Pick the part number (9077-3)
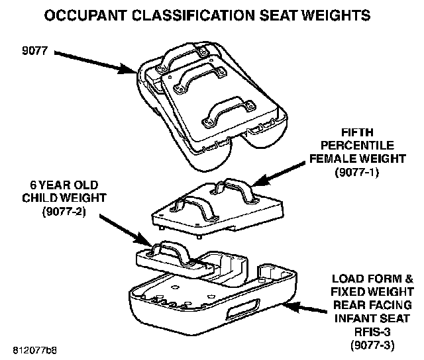[374, 345]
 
